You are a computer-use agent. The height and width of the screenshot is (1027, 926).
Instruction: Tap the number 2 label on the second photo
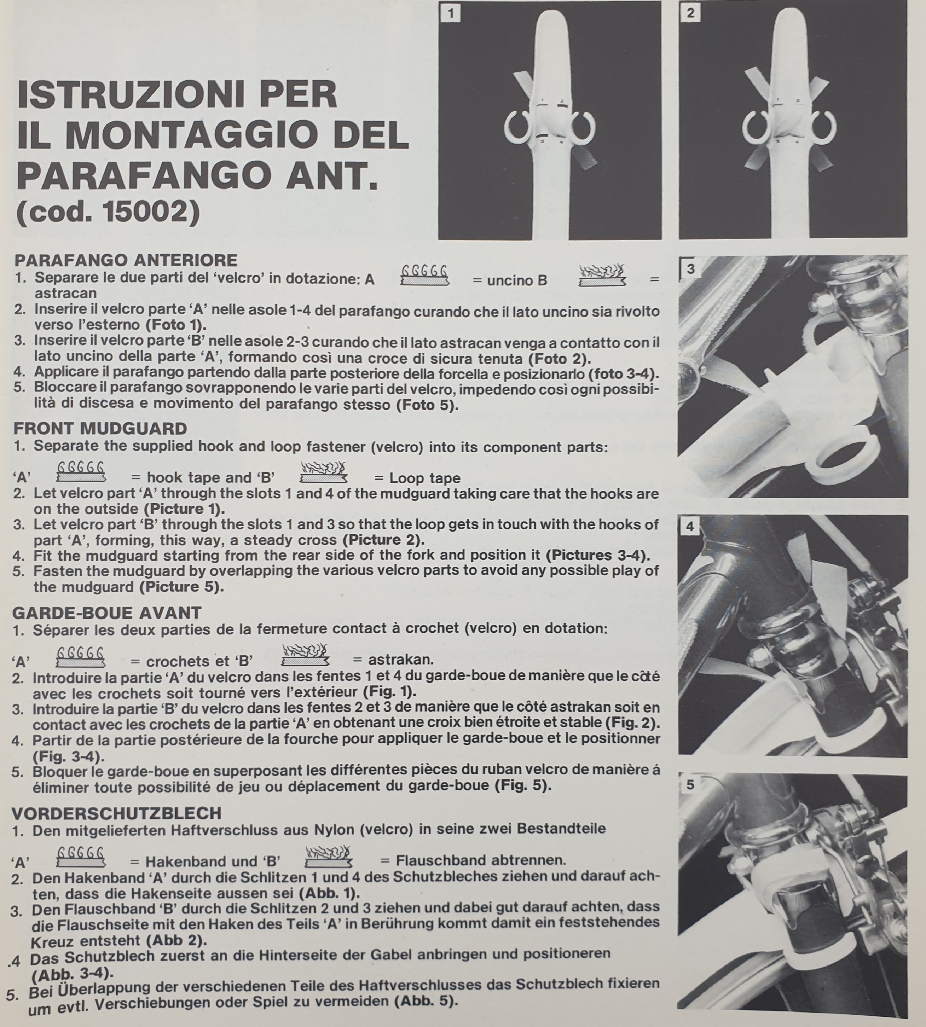(x=690, y=13)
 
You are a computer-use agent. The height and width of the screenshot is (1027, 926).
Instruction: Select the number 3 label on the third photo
(x=690, y=269)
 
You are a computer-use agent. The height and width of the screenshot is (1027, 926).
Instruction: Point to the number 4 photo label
(x=690, y=527)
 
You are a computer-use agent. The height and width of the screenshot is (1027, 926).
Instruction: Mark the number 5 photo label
(x=690, y=785)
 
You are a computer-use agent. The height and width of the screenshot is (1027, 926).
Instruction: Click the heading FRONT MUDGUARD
(x=100, y=428)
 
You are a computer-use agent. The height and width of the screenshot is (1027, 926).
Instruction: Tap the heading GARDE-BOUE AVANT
(x=107, y=613)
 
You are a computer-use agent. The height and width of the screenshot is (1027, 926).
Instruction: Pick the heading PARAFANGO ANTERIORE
(x=126, y=260)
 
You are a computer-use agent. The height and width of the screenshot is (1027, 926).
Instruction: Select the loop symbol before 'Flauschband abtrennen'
(x=328, y=856)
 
